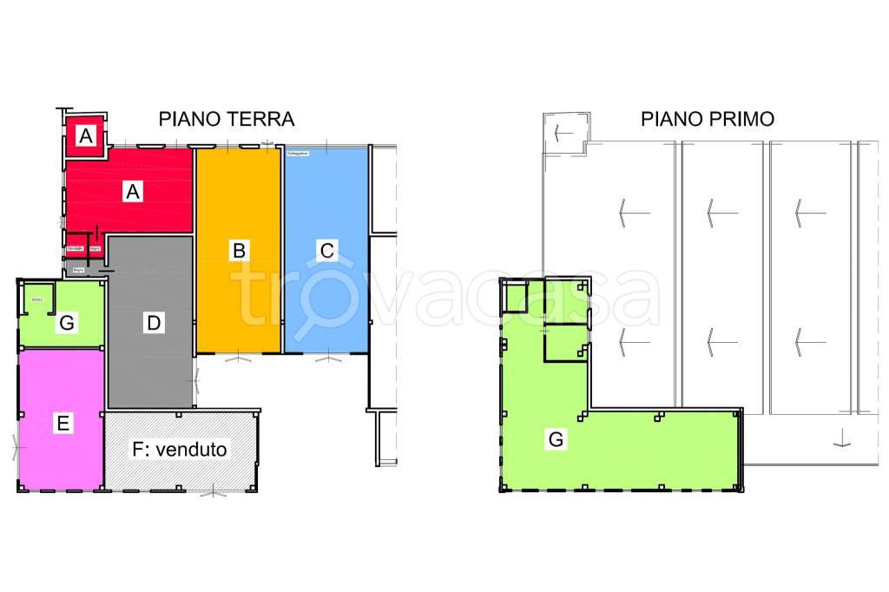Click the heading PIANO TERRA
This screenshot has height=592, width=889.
point(226,119)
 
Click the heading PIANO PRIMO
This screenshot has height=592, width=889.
point(708,119)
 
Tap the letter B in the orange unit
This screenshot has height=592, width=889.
point(239,251)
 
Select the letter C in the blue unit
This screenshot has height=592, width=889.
point(326,251)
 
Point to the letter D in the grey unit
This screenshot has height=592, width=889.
point(153,324)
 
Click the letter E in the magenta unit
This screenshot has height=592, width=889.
point(62,424)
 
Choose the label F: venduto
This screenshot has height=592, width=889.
point(180,450)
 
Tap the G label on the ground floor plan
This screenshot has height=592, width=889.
point(66,324)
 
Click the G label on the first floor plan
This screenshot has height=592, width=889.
point(556,440)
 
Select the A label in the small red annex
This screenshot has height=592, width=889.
point(85,136)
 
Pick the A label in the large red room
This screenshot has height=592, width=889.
point(132,192)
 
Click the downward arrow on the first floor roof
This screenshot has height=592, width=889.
point(840,438)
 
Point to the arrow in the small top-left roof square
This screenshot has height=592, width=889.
point(562,134)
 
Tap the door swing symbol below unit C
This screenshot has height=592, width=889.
point(327,358)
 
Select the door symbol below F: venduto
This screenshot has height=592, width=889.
point(214,493)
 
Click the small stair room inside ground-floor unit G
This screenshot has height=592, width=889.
point(37,299)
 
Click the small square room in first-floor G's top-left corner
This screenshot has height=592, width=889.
point(516,296)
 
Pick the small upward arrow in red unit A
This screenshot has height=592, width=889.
point(97,232)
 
